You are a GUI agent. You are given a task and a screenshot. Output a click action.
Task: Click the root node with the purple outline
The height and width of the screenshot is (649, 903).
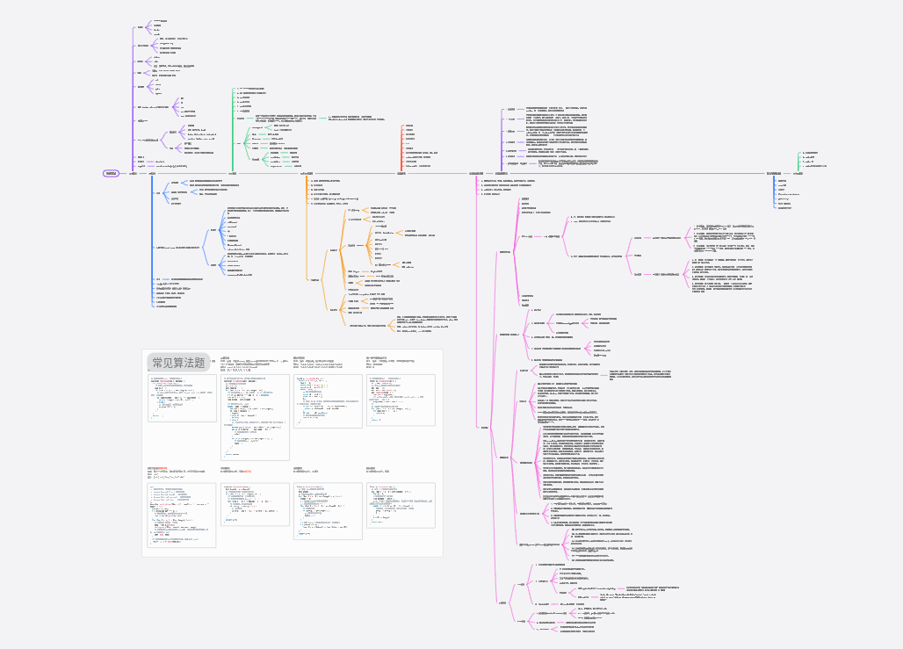pos(111,173)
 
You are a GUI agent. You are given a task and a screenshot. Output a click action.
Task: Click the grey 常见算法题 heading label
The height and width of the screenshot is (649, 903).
pos(178,362)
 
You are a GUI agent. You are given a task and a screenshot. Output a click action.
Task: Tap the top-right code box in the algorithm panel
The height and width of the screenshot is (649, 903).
pos(403,400)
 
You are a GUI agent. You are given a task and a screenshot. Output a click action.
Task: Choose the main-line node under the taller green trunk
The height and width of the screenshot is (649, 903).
pos(232,174)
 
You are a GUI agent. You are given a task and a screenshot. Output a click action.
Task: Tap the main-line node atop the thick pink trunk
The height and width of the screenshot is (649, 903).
pos(480,174)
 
